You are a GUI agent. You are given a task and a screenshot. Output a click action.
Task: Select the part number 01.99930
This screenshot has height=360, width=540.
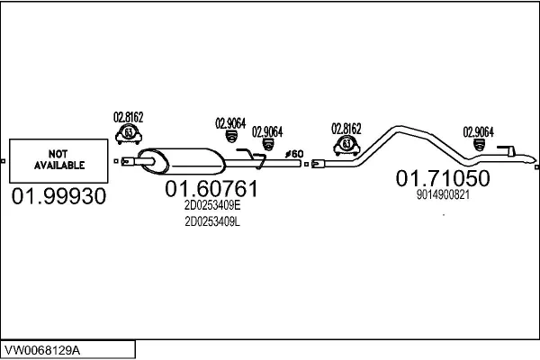coord(58,195)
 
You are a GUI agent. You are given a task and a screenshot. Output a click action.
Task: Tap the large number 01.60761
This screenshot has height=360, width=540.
coord(212,189)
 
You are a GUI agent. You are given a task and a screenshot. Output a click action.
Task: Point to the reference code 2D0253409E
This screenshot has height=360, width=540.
coord(212,205)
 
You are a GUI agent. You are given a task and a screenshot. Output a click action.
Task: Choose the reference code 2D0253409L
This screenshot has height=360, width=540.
coord(212,222)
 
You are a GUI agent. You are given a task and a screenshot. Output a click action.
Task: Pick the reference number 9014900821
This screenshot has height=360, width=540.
coord(443,193)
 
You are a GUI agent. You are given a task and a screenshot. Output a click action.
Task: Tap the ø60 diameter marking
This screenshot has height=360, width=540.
coord(294,154)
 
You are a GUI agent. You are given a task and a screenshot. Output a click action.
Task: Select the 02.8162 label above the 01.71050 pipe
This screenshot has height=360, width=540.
coord(346,127)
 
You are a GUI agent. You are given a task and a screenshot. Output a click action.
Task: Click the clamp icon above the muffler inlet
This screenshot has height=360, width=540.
coord(128,135)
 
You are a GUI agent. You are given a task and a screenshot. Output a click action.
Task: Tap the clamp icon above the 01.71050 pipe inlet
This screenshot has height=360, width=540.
coord(346,144)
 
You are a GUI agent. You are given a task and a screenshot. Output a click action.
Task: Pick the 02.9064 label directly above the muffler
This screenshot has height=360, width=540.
coord(229,124)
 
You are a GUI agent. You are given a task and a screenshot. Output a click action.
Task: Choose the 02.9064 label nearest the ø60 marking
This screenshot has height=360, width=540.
coord(267,130)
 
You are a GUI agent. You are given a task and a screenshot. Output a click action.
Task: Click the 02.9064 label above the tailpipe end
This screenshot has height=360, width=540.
coord(478,131)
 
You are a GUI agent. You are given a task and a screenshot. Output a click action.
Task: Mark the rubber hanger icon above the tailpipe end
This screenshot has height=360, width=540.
coord(478,145)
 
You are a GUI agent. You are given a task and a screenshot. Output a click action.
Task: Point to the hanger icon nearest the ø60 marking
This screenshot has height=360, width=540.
coord(267,145)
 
